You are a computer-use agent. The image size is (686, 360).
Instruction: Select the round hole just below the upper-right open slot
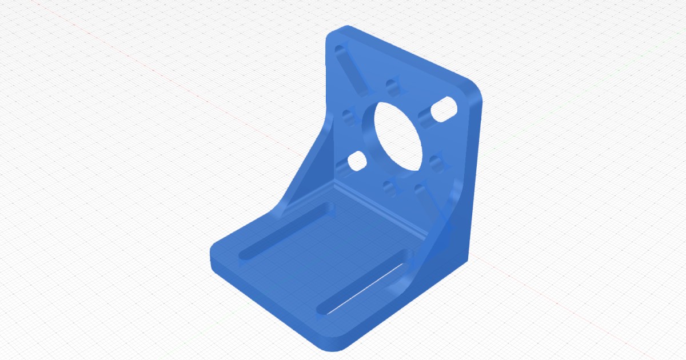pos(437,163)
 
